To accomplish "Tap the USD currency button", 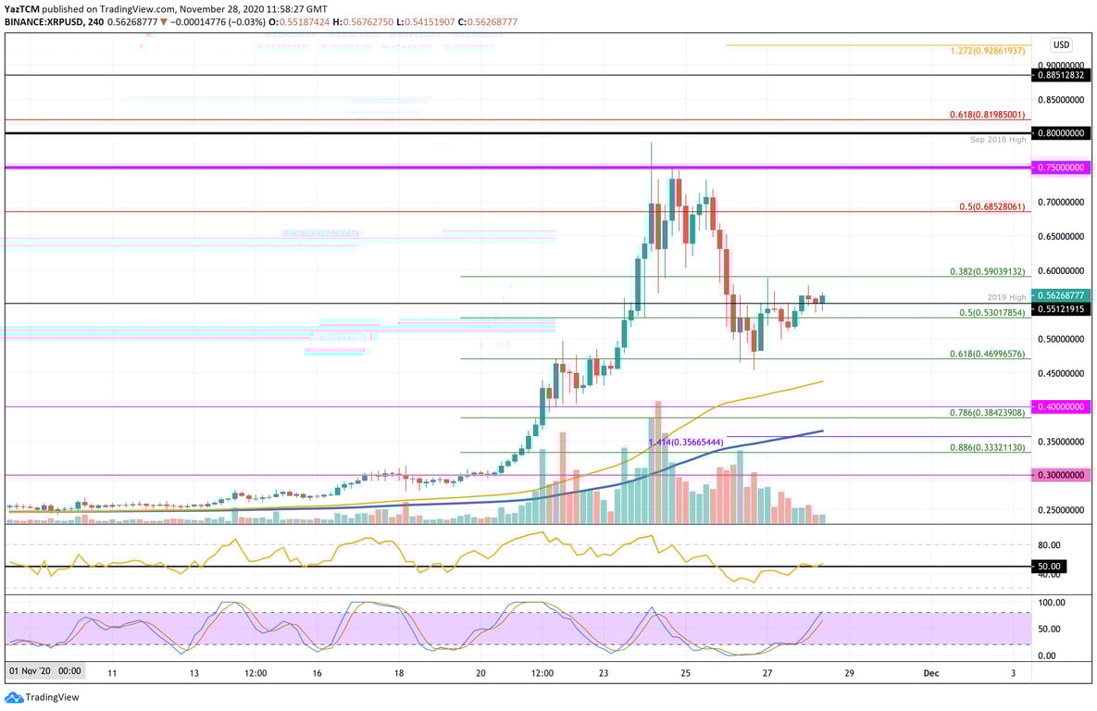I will tap(1061, 44).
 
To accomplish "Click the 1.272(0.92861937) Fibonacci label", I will tap(987, 51).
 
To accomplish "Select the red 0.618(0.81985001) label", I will tap(987, 115).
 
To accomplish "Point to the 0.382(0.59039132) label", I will tap(987, 272).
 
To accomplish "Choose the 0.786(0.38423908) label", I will tap(987, 412).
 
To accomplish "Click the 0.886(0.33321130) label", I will tap(987, 447).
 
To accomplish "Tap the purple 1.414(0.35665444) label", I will tap(685, 443).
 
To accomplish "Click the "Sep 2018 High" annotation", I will tap(998, 140).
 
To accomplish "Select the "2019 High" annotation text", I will tap(1006, 297).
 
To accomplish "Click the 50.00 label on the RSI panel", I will tap(1049, 567).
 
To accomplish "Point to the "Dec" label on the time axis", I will tap(931, 673).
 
